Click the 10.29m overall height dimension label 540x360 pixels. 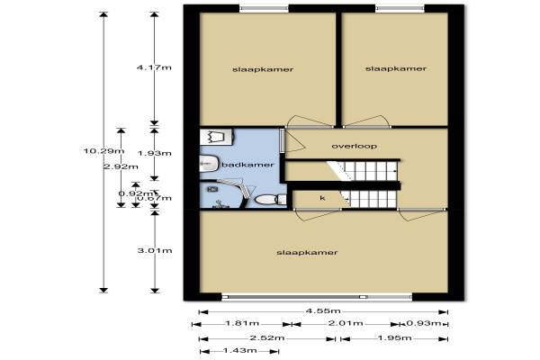pos(103,151)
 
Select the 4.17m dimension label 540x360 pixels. pos(154,67)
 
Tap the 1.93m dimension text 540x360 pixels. pos(155,153)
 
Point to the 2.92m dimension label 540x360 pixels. pos(121,166)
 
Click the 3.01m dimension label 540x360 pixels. pos(155,250)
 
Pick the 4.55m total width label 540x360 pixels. pos(323,311)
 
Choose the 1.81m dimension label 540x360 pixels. pos(242,323)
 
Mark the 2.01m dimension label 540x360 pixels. pos(346,323)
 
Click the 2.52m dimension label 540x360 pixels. pos(267,338)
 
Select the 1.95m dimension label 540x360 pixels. pos(394,338)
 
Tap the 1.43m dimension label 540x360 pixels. pos(239,351)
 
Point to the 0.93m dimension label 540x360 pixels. pos(424,323)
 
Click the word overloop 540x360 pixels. pos(354,147)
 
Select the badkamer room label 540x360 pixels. pos(247,165)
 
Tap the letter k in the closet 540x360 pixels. pos(322,198)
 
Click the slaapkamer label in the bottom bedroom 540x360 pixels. pos(307,253)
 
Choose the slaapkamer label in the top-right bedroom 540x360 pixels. pos(396,69)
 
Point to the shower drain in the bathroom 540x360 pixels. pos(212,189)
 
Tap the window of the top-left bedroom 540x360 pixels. pos(264,9)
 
